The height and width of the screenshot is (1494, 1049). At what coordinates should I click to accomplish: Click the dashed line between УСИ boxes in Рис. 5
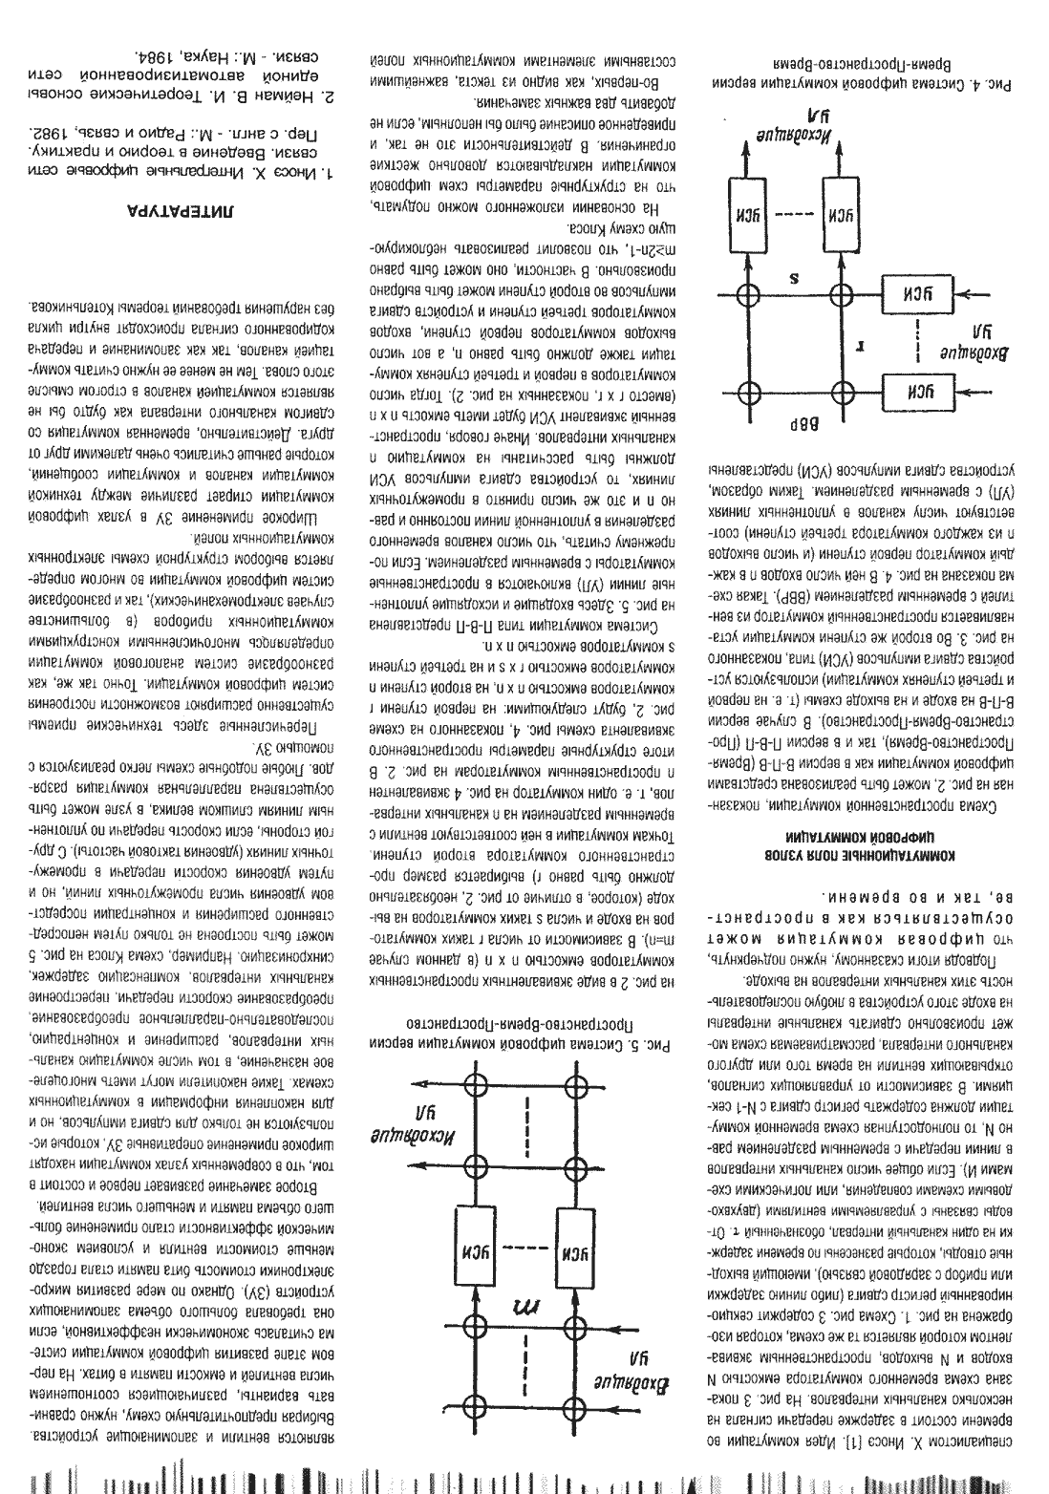[522, 1246]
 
